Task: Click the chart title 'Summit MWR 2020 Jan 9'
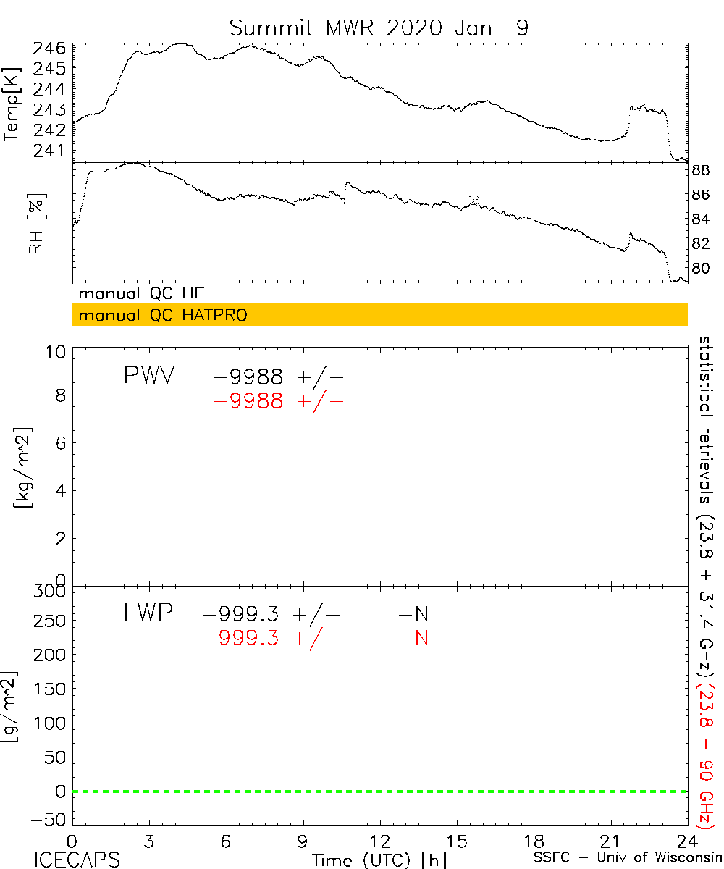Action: [379, 28]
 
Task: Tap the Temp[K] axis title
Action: [12, 104]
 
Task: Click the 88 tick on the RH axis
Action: [701, 171]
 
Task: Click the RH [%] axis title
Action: [35, 223]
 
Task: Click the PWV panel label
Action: [148, 377]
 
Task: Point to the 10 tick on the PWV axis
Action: [58, 352]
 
